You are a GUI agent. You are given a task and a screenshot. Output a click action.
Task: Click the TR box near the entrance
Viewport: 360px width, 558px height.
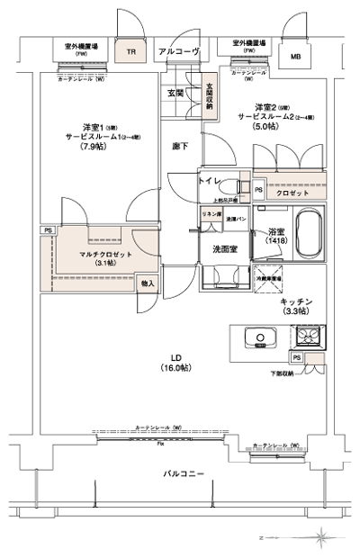click(131, 52)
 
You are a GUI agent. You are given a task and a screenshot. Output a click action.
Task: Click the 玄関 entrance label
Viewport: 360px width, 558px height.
click(175, 93)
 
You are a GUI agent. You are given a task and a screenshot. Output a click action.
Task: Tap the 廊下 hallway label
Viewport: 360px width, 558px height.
click(181, 146)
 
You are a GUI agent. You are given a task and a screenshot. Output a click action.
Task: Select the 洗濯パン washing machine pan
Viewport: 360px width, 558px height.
click(236, 219)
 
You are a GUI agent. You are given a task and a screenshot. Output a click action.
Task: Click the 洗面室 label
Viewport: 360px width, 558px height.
click(225, 249)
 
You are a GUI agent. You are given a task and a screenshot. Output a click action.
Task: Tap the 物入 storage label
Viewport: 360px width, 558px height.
click(148, 284)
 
